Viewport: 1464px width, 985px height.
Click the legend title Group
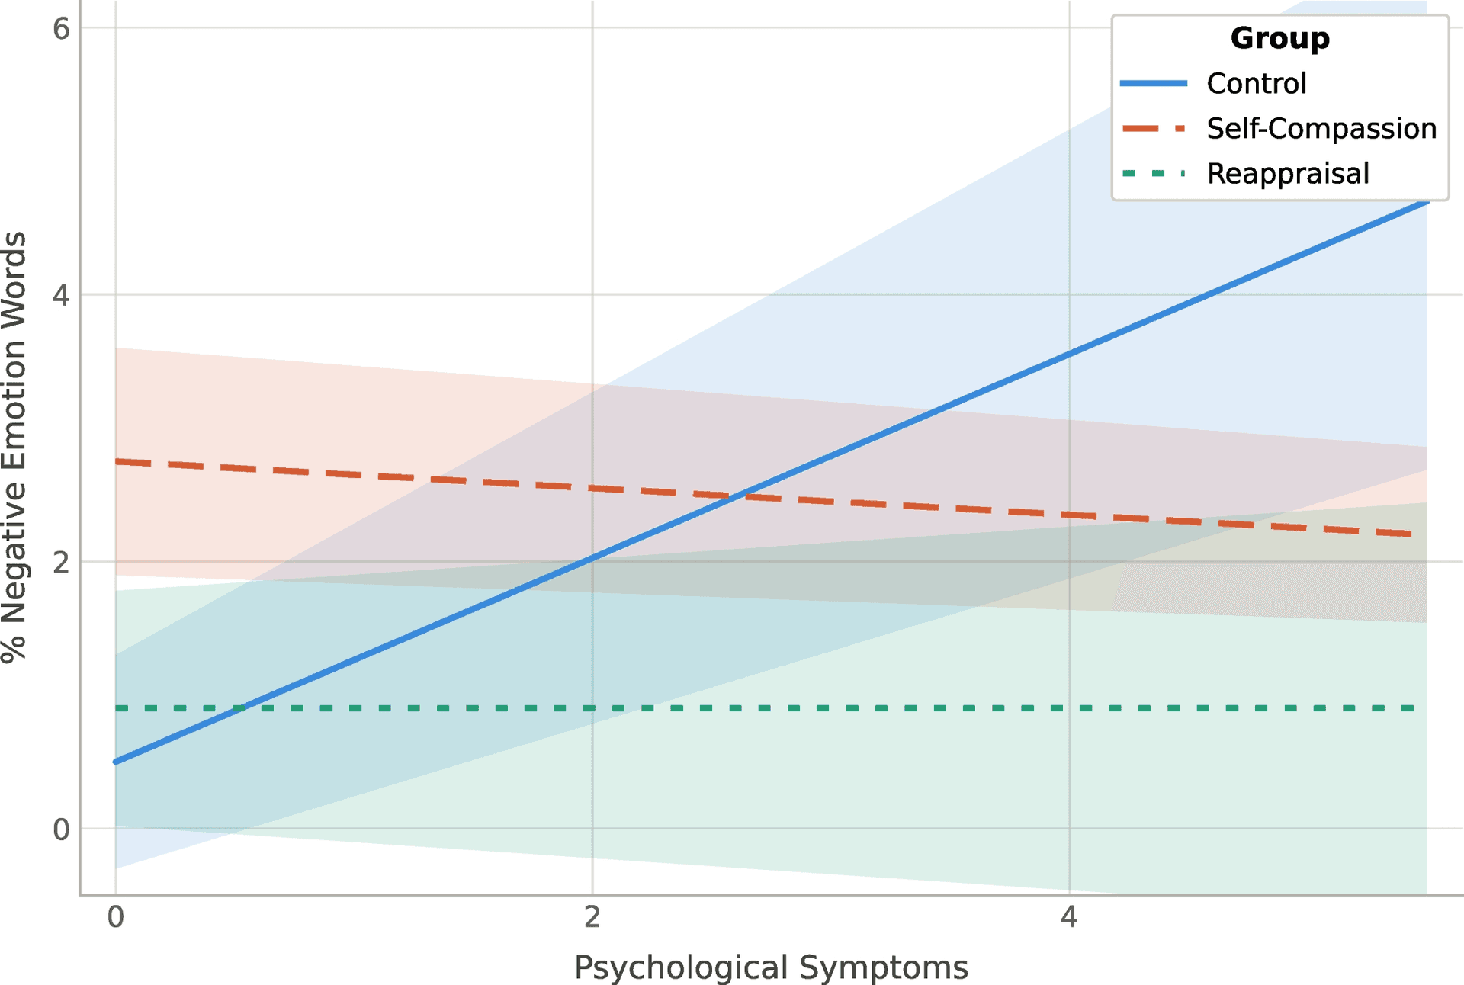coord(1279,38)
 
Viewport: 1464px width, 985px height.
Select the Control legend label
coord(1256,83)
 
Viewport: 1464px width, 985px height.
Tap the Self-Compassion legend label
coord(1321,128)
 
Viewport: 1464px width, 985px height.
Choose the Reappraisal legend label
coord(1287,173)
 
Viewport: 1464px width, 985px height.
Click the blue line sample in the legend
coord(1154,83)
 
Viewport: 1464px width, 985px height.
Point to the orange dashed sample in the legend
coord(1154,128)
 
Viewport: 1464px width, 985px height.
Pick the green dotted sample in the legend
coord(1154,173)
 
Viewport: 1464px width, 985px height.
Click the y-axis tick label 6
coord(61,29)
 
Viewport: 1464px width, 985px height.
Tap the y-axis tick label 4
coord(61,295)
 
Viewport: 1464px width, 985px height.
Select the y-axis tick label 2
coord(61,562)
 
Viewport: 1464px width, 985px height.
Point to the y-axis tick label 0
coord(61,829)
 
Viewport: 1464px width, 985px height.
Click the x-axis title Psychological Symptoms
coord(771,967)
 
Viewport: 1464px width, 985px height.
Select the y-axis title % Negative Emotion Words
coord(15,448)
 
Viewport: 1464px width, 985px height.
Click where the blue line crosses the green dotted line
coord(239,708)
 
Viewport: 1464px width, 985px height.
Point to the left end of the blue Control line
coord(116,762)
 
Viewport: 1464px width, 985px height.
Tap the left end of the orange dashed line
coord(116,461)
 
